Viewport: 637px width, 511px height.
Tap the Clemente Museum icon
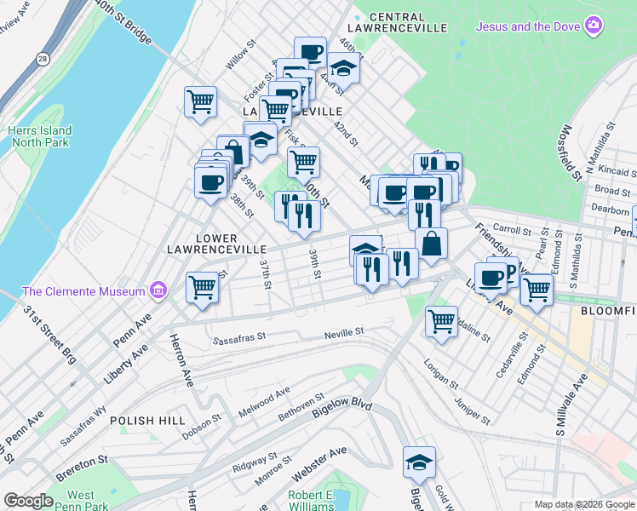point(157,291)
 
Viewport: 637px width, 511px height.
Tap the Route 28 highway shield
point(43,59)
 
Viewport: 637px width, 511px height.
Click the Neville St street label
point(344,331)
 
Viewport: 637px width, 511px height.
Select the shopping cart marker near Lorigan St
point(441,322)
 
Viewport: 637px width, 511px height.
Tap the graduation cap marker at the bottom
point(419,462)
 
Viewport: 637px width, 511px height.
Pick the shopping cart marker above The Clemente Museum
point(203,288)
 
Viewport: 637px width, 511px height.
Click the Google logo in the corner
point(28,501)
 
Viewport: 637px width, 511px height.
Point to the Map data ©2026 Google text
point(583,504)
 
